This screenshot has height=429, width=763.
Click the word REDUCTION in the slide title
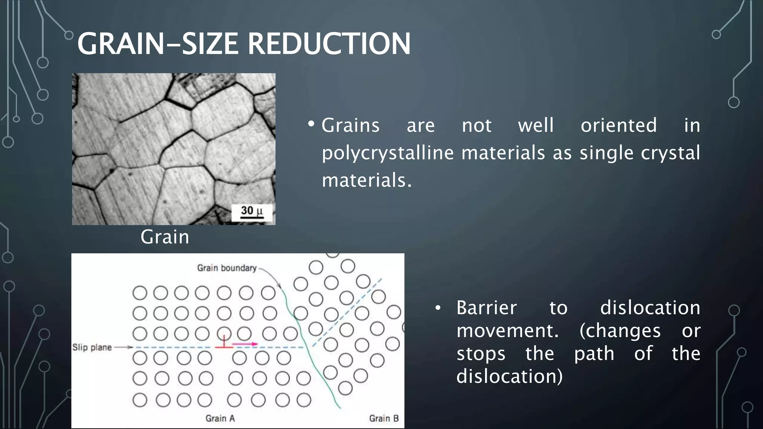coord(329,44)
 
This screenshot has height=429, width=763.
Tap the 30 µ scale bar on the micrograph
coord(252,213)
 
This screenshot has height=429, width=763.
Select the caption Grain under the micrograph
coord(165,237)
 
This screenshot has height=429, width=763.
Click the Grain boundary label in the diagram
coord(227,268)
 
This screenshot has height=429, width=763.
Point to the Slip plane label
coord(92,347)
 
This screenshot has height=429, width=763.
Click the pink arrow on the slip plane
coord(245,344)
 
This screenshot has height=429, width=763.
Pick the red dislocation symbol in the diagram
coord(224,343)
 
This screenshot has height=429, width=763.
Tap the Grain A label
coord(220,419)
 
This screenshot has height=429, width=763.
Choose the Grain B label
coord(384,419)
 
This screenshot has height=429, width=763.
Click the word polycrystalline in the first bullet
coord(388,153)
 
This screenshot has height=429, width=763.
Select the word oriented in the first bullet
coord(618,125)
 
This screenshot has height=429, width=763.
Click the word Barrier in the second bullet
coord(487,308)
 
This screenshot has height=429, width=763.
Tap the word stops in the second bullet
coord(481,354)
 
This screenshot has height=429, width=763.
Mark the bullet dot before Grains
coord(311,124)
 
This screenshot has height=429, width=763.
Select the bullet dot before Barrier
coord(438,308)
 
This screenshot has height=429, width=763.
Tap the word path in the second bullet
coord(594,354)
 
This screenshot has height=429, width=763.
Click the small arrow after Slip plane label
coord(124,347)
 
